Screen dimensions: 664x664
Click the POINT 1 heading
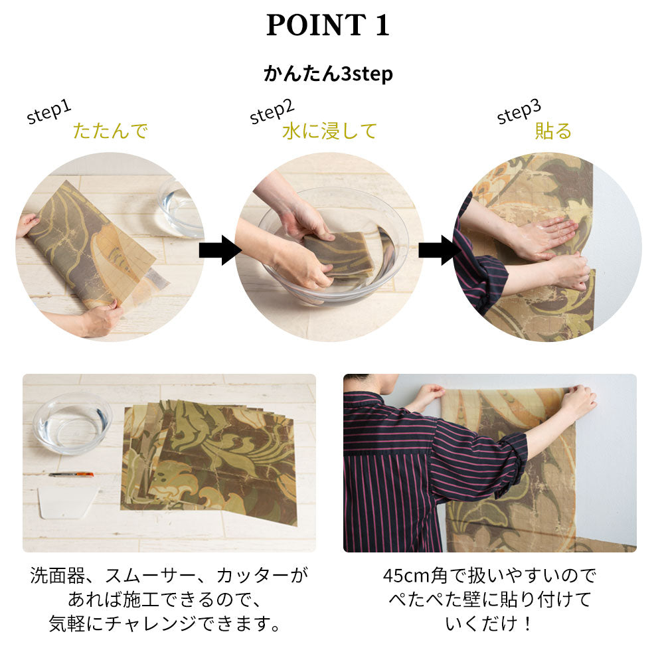click(x=328, y=25)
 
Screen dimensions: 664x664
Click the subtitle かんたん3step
click(x=328, y=74)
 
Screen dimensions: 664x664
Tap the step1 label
click(x=48, y=112)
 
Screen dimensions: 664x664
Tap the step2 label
click(x=272, y=111)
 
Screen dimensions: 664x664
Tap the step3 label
click(x=519, y=111)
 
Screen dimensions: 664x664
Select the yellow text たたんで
click(x=110, y=131)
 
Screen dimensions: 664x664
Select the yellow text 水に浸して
click(x=329, y=131)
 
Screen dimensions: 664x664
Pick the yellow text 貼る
click(x=553, y=131)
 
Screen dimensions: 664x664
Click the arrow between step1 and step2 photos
click(x=220, y=250)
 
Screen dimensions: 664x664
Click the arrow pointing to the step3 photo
click(x=439, y=250)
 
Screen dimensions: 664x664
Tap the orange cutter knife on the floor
click(x=71, y=474)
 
